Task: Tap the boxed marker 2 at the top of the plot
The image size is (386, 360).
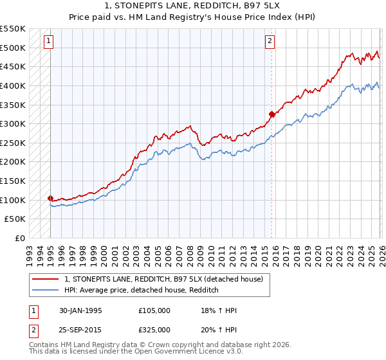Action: [x=270, y=42]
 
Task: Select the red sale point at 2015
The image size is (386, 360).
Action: [x=271, y=114]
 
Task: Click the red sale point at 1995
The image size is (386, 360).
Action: [x=51, y=198]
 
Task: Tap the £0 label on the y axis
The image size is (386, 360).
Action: [x=19, y=238]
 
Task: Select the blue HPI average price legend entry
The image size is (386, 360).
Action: [x=142, y=291]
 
